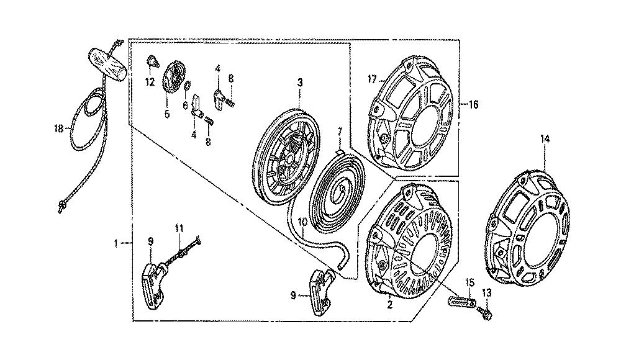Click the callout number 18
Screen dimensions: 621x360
pyautogui.click(x=58, y=128)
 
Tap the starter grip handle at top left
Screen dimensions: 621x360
pyautogui.click(x=107, y=65)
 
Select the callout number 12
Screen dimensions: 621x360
pyautogui.click(x=150, y=83)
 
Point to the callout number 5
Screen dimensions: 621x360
pyautogui.click(x=166, y=114)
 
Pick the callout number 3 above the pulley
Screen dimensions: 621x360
pyautogui.click(x=300, y=83)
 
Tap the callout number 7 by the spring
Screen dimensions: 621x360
pyautogui.click(x=339, y=131)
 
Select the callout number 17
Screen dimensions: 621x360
pyautogui.click(x=372, y=79)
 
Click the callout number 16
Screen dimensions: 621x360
pyautogui.click(x=474, y=104)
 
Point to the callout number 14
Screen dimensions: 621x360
pyautogui.click(x=545, y=139)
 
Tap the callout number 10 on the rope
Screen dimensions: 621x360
pyautogui.click(x=302, y=222)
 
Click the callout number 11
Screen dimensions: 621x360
pyautogui.click(x=179, y=228)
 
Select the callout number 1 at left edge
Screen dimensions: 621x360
pyautogui.click(x=116, y=243)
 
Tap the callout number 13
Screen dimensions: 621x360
pyautogui.click(x=487, y=293)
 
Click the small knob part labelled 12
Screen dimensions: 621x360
pyautogui.click(x=152, y=61)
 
